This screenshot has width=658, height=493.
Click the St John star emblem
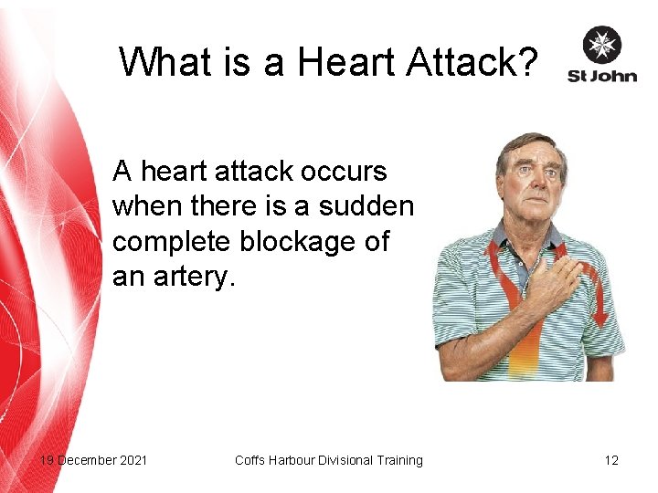[x=601, y=45]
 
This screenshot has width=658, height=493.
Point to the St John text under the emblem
[x=600, y=76]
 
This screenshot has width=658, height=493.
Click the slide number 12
[x=611, y=460]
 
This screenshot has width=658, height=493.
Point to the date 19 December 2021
[x=93, y=460]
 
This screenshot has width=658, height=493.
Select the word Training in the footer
[x=395, y=460]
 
